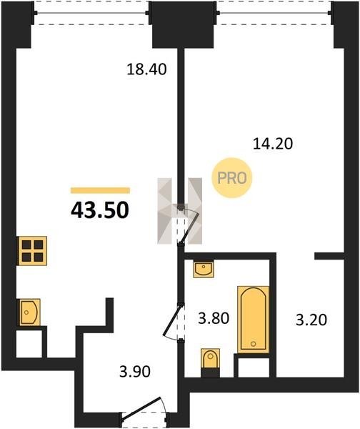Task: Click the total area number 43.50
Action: [x=100, y=210]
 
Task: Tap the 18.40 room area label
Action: [x=146, y=69]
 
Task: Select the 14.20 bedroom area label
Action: [x=273, y=144]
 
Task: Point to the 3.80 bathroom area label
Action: [x=214, y=318]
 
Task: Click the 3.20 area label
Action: [x=311, y=320]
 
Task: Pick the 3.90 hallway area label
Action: [x=135, y=372]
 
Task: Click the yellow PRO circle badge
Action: [x=232, y=178]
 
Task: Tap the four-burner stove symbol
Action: [x=32, y=251]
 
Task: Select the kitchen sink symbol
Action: [x=29, y=312]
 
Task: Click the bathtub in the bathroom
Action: [x=253, y=320]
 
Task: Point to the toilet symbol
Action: [x=210, y=358]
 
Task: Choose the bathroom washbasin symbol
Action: [x=204, y=269]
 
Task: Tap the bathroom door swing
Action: [x=171, y=321]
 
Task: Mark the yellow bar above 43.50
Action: [x=100, y=190]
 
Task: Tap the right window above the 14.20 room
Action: [x=274, y=13]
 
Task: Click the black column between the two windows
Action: [x=183, y=24]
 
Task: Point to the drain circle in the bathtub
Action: [x=253, y=344]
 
